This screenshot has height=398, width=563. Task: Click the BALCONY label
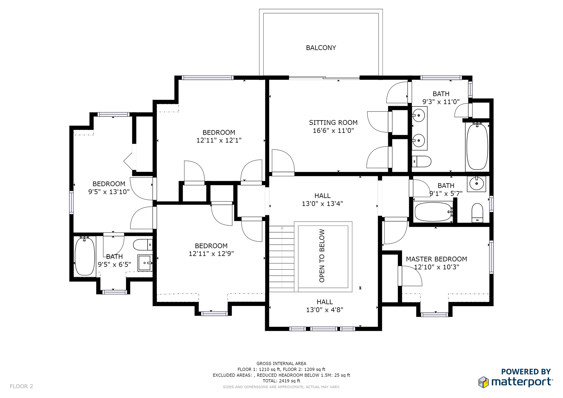point(321,48)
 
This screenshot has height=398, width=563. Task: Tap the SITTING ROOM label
point(333,123)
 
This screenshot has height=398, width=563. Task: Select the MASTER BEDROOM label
point(436,259)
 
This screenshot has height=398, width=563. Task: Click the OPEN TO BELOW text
point(322,256)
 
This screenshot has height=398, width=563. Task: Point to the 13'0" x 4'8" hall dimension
point(325,310)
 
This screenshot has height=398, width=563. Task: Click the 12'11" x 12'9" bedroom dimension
point(211,254)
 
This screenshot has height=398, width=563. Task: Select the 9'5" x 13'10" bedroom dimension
point(109,192)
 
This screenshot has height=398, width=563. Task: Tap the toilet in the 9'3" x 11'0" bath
point(421,162)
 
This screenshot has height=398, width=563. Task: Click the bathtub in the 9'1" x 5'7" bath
point(433,212)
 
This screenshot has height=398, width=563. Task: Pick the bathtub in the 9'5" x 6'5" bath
point(85,256)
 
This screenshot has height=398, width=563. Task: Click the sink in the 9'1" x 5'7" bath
point(476,184)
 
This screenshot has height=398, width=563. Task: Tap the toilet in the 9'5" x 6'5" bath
point(143,245)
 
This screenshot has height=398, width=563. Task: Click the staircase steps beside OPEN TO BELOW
point(282,259)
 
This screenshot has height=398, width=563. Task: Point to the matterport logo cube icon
point(484,382)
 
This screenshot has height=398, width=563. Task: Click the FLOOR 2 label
point(21,386)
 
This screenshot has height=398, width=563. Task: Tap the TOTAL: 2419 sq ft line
point(281,381)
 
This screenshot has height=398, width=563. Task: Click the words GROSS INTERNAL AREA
point(281,364)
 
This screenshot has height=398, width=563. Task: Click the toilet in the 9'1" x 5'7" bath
point(477,213)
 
